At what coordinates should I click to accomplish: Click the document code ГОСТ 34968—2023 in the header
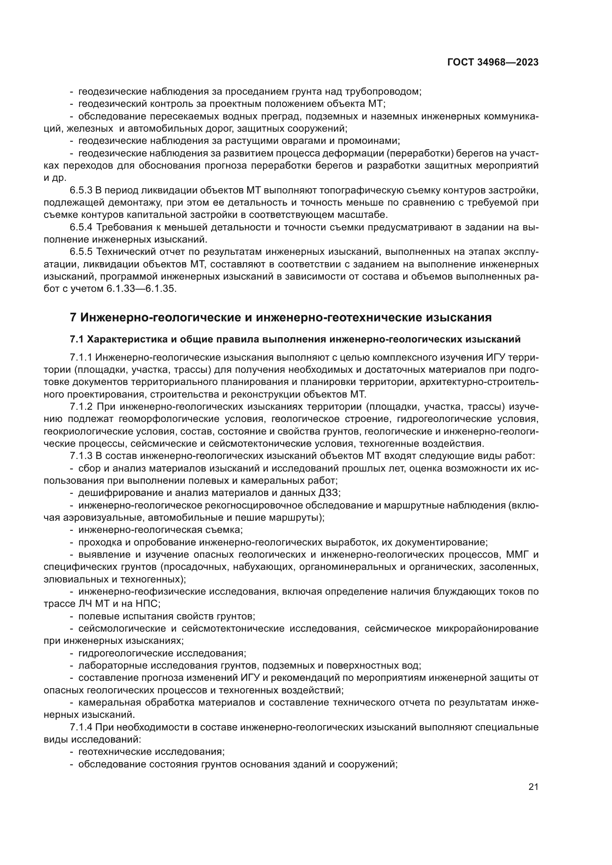(492, 62)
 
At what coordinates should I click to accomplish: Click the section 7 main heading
(281, 318)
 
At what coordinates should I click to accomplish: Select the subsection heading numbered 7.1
(295, 339)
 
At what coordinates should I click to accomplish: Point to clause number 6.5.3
(81, 190)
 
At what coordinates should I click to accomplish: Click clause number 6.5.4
(81, 227)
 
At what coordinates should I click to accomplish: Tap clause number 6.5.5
(81, 252)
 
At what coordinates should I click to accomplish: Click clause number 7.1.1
(81, 357)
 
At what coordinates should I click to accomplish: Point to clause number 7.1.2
(81, 407)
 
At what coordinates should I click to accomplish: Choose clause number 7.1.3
(81, 456)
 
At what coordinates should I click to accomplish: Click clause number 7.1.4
(81, 727)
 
